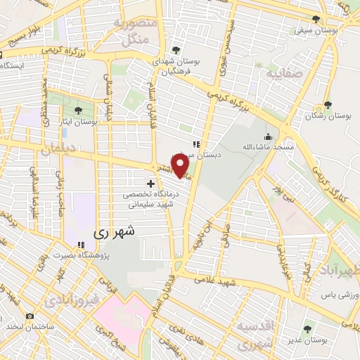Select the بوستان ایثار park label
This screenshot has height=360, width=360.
pyautogui.click(x=77, y=122)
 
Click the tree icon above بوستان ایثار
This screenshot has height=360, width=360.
pyautogui.click(x=77, y=110)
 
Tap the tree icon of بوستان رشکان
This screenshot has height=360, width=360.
pyautogui.click(x=328, y=104)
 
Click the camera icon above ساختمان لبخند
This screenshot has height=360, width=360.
pyautogui.click(x=30, y=316)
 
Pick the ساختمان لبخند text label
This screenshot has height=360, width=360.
pyautogui.click(x=30, y=327)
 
